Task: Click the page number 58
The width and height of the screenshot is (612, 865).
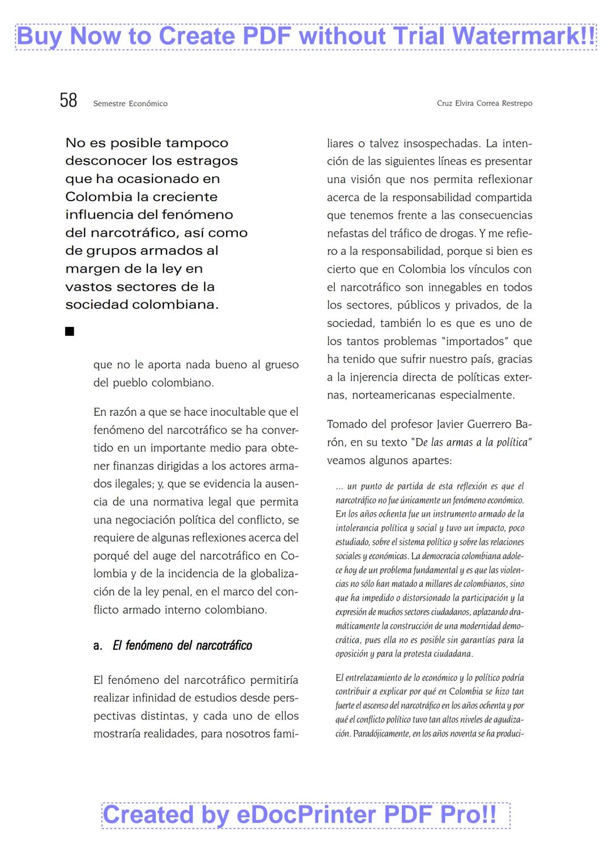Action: pos(69,100)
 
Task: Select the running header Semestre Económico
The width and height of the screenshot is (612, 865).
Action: pos(130,104)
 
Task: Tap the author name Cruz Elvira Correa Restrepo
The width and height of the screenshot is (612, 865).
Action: pos(484,103)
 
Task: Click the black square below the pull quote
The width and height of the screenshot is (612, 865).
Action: pos(70,331)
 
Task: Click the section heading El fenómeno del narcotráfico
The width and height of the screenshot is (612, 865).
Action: pos(182,645)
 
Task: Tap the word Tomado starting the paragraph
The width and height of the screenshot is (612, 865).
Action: pos(347,424)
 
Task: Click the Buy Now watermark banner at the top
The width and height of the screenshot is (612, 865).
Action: pos(306,37)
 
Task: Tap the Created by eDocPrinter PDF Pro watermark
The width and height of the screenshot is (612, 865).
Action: pos(306,815)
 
